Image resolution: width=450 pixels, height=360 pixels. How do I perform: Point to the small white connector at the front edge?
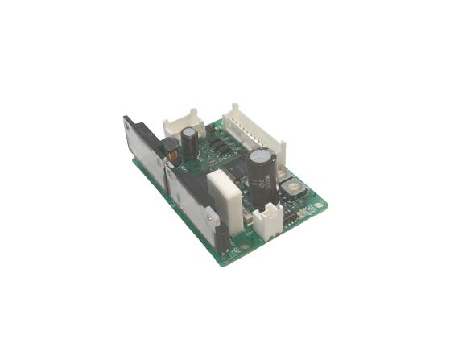tap(268, 218)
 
